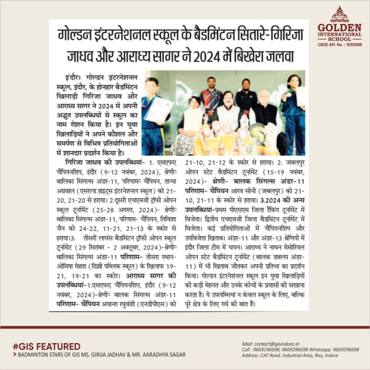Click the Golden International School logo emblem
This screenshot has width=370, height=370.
339,14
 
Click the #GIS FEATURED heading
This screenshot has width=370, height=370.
47,346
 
